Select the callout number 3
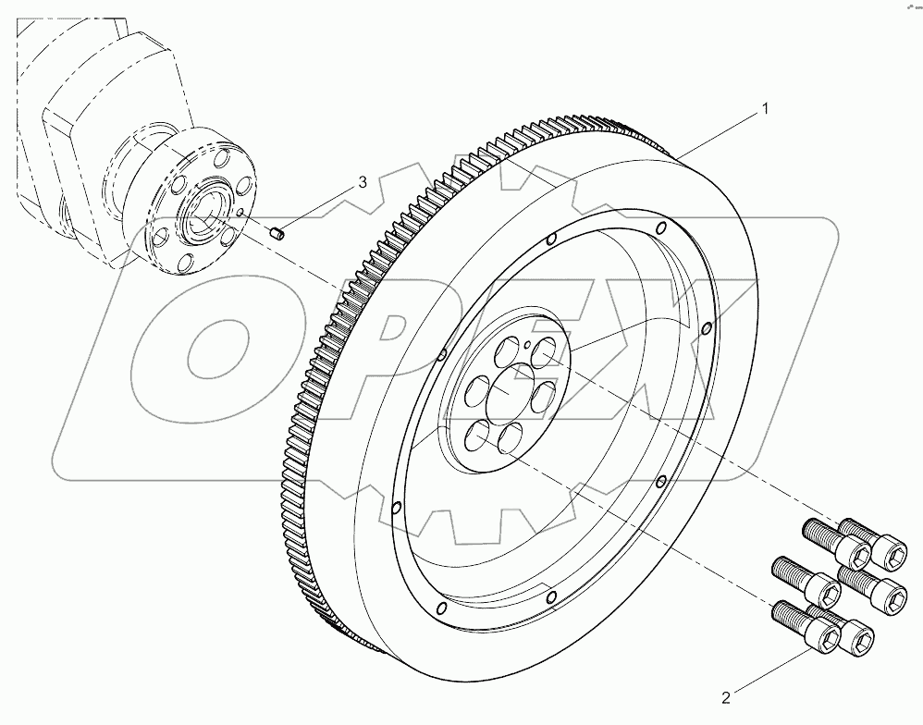coord(363,183)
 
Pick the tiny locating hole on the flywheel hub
coord(526,346)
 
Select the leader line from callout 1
coord(721,131)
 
